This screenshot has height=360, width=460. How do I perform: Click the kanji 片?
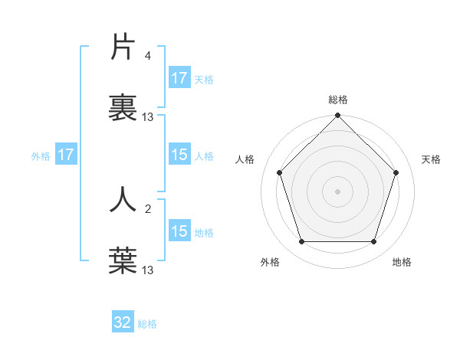coord(123,47)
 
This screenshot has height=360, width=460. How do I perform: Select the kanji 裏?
coord(123,107)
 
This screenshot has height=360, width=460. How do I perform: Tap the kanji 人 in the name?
coord(123,198)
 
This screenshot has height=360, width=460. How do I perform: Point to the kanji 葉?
coord(123,260)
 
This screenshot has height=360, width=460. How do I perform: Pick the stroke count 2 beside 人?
coord(148,208)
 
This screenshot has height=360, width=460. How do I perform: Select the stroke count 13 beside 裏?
coord(148,117)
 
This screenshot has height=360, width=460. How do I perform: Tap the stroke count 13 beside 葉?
coord(148,270)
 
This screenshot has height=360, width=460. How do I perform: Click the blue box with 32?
coord(123,322)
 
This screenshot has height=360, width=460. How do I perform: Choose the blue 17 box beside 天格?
coord(179,78)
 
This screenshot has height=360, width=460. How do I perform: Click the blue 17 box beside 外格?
coord(66,155)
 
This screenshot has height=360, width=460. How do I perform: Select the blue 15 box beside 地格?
coord(179,231)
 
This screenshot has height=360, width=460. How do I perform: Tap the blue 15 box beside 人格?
coord(179,155)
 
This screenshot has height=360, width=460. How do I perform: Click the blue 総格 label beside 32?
coord(147,324)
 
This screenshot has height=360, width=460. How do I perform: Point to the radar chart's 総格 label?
coord(337,100)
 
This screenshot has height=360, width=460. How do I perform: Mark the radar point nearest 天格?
coord(396,172)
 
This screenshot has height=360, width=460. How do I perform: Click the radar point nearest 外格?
coord(301,242)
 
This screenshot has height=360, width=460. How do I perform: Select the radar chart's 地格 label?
coord(402,262)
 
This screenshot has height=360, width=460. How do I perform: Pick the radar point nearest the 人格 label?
coord(279,172)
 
